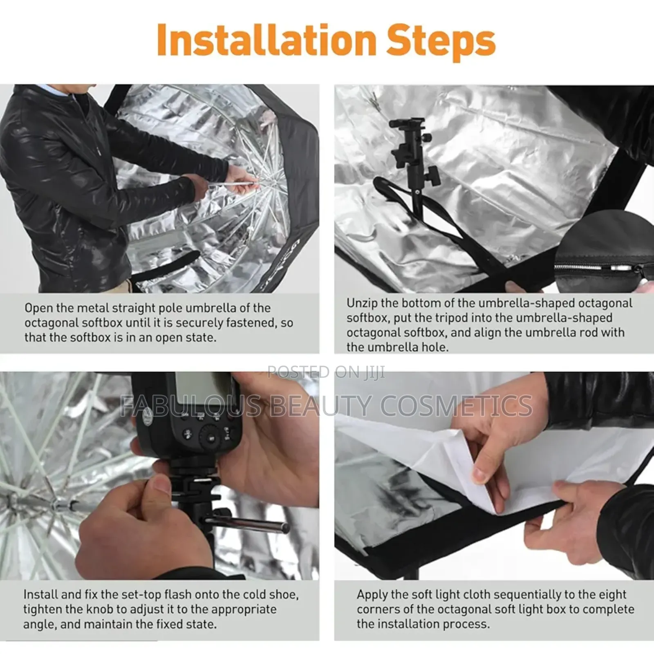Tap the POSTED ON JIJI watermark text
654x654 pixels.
point(326,372)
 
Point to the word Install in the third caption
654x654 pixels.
point(39,594)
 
